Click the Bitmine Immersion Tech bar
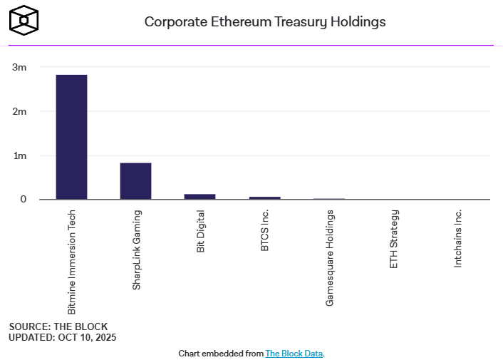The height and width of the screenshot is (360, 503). pyautogui.click(x=71, y=137)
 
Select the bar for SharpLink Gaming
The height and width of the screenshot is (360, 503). pyautogui.click(x=135, y=181)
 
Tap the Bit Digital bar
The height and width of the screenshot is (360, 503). pyautogui.click(x=199, y=196)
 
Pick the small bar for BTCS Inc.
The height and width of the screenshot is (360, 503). pyautogui.click(x=264, y=197)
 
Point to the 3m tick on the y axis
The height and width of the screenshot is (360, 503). pyautogui.click(x=19, y=68)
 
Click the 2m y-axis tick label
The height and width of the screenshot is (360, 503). pyautogui.click(x=19, y=112)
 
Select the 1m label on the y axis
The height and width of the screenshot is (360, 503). pyautogui.click(x=19, y=155)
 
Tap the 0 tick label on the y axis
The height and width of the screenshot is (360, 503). pyautogui.click(x=23, y=200)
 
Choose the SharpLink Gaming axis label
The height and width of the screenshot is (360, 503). pyautogui.click(x=136, y=250)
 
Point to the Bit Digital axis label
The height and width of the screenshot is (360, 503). pyautogui.click(x=200, y=231)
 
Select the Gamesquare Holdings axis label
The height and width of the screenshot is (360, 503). pyautogui.click(x=329, y=258)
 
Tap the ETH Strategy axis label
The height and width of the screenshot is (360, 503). pyautogui.click(x=393, y=239)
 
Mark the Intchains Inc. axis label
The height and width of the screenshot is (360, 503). pyautogui.click(x=457, y=238)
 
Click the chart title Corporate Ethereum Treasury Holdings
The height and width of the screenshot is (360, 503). pyautogui.click(x=265, y=21)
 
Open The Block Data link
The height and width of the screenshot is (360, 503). pyautogui.click(x=295, y=353)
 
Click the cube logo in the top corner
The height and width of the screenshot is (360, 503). pyautogui.click(x=24, y=19)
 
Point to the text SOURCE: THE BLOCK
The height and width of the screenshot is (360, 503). pyautogui.click(x=58, y=326)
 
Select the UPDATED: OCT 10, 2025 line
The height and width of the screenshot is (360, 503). pyautogui.click(x=62, y=336)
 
